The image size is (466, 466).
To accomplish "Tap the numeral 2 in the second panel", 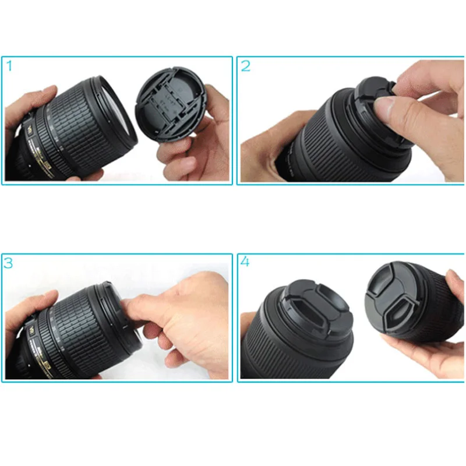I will pos(245,66).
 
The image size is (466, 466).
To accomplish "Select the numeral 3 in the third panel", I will pos(9,263).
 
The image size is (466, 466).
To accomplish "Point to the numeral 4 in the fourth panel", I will pos(245,262).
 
